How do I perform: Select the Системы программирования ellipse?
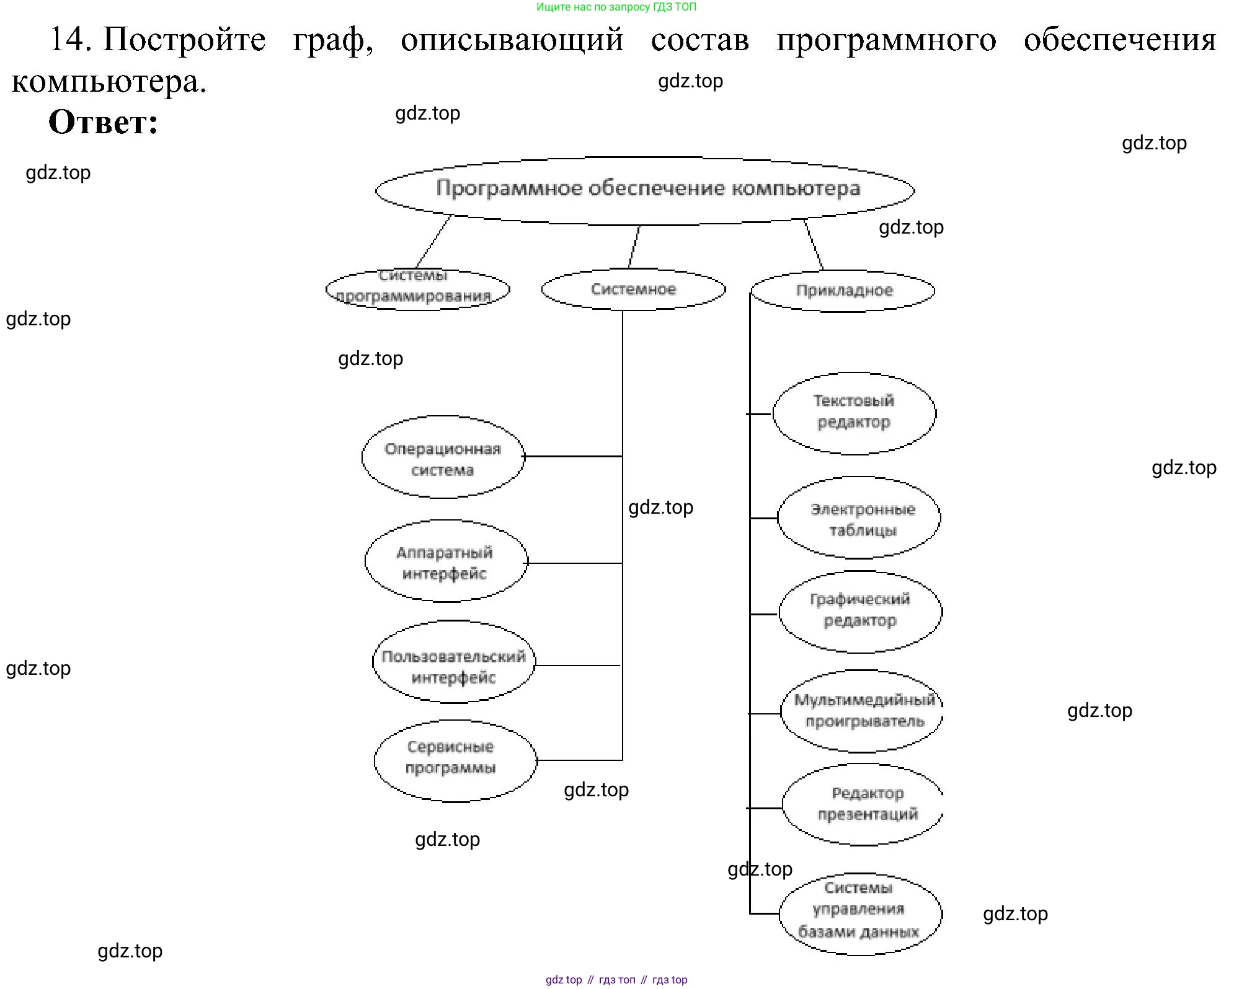[417, 289]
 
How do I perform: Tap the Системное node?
[633, 289]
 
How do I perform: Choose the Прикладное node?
[843, 291]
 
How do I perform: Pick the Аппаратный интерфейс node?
[445, 561]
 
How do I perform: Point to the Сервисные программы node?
[455, 760]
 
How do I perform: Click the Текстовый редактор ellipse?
[854, 413]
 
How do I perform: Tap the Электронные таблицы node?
[859, 518]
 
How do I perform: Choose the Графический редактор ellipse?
[860, 612]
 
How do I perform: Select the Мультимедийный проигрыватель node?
[863, 711]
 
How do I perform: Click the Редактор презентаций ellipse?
[863, 804]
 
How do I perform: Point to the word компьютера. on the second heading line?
[109, 81]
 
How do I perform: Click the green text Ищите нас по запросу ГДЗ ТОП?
[616, 7]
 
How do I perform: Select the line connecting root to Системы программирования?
[433, 242]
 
